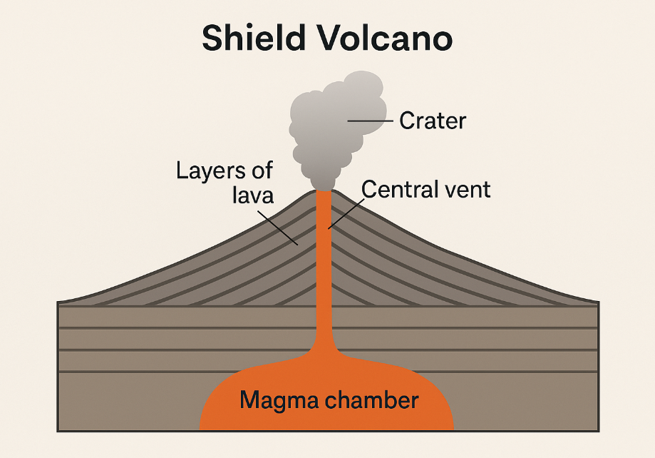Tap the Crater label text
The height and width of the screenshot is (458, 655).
(433, 121)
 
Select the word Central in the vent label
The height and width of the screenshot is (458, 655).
(396, 189)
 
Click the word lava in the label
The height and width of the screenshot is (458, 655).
(252, 195)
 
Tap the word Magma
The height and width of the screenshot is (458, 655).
(280, 400)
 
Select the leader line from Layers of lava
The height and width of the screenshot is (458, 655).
(282, 230)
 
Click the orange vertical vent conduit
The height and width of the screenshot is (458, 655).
(324, 271)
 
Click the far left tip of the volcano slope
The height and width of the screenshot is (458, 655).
(60, 301)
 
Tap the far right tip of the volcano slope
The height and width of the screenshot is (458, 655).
(596, 301)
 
